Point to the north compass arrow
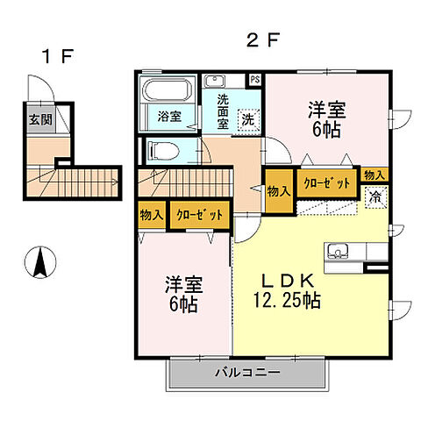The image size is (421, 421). (x=40, y=261)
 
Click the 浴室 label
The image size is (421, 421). (x=169, y=115)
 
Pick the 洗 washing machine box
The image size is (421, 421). (x=247, y=118)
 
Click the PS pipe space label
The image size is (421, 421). (x=255, y=79)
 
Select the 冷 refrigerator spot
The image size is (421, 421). (x=375, y=197)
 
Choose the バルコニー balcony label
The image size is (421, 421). (x=247, y=373)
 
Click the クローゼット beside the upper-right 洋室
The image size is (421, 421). (x=328, y=183)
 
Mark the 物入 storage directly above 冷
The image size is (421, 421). (x=374, y=175)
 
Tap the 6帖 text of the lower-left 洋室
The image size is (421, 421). (x=182, y=304)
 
